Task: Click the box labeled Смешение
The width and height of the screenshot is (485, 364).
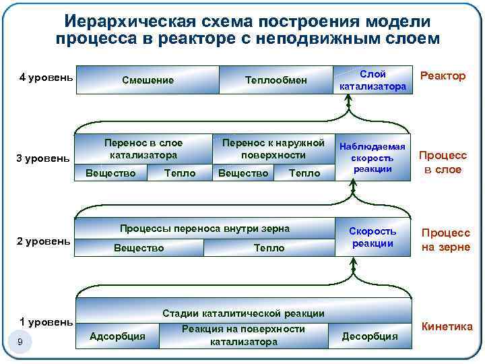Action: point(148,80)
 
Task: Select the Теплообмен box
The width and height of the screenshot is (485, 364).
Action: point(276,80)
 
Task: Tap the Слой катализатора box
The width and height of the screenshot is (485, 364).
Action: point(373,80)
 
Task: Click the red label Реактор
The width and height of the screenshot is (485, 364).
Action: point(443,75)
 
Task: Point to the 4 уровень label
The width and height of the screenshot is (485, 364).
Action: point(46,77)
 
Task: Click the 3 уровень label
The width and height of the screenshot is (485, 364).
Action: point(42,158)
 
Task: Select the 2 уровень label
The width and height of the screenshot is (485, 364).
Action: point(43,241)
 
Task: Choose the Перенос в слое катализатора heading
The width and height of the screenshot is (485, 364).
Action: point(143,148)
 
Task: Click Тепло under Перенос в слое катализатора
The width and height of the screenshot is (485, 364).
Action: point(180,173)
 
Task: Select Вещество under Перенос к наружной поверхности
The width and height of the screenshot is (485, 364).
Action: point(243,173)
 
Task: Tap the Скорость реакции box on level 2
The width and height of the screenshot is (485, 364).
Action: point(373,237)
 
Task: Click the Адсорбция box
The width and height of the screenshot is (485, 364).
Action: point(117,336)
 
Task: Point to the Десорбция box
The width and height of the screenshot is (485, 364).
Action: point(370,336)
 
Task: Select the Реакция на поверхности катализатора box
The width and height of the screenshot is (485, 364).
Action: point(243,335)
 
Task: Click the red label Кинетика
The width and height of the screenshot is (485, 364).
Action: point(447,327)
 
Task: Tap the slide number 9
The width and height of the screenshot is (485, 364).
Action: point(20,342)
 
